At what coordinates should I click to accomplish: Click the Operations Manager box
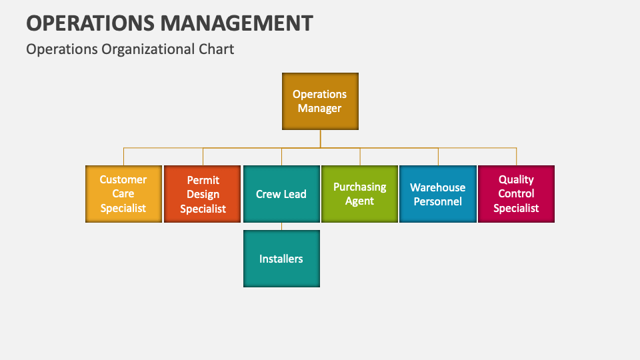(x=320, y=101)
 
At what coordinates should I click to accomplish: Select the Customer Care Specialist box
(x=123, y=194)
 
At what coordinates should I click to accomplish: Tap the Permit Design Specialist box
(x=202, y=194)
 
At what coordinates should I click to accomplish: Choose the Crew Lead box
(x=281, y=194)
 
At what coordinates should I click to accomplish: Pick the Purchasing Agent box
(x=360, y=194)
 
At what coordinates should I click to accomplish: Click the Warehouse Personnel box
(x=438, y=194)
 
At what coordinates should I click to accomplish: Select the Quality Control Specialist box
(x=516, y=194)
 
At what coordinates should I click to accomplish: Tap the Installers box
(x=281, y=259)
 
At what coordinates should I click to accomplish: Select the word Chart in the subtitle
(x=217, y=49)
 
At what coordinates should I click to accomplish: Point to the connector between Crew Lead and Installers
(x=281, y=226)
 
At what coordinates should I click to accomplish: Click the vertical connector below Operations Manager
(x=320, y=138)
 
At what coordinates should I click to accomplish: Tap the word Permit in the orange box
(x=203, y=180)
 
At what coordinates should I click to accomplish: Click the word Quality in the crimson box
(x=516, y=179)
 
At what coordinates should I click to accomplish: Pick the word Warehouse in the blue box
(x=438, y=187)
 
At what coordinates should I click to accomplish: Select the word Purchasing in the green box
(x=360, y=187)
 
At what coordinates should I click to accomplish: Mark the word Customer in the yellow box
(x=123, y=179)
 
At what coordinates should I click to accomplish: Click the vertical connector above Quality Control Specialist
(x=516, y=157)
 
